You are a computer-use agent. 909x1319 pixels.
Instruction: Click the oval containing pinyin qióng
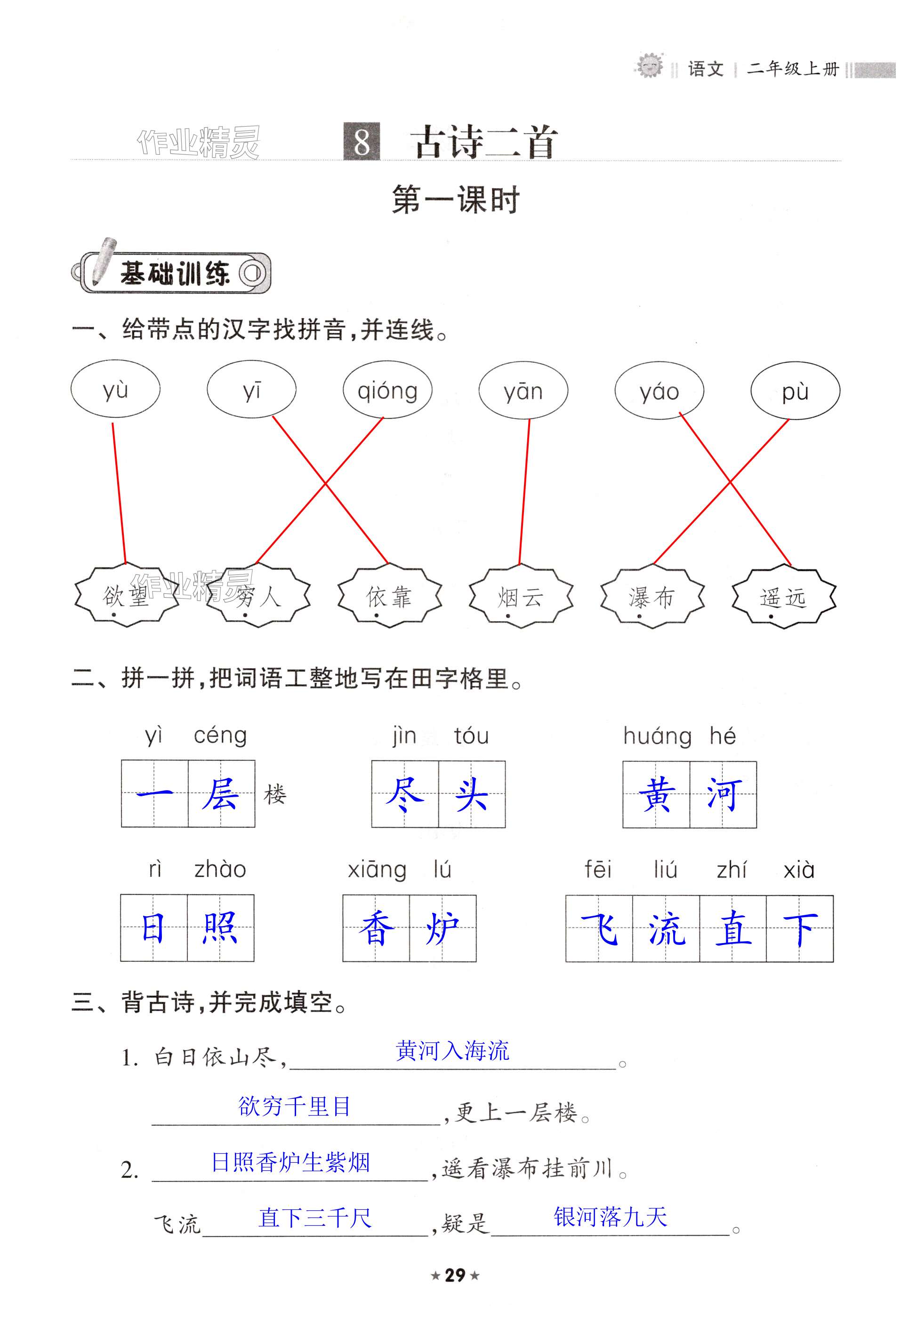[387, 391]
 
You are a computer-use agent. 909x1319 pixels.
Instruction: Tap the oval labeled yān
[523, 391]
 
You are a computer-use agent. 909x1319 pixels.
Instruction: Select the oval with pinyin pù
[795, 391]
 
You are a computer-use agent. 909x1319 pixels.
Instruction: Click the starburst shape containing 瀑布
[652, 597]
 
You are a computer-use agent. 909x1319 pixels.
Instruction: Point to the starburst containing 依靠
[390, 597]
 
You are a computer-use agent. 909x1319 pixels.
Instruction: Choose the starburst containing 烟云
[521, 597]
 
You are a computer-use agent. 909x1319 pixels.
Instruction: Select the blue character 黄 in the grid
[657, 794]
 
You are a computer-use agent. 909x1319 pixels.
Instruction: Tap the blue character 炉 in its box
[442, 928]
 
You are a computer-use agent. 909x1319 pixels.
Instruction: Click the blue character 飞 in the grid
[599, 928]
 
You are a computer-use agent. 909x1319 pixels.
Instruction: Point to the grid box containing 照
[220, 928]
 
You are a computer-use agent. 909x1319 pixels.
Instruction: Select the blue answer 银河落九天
[610, 1216]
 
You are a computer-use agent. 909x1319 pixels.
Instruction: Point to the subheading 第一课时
[455, 200]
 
